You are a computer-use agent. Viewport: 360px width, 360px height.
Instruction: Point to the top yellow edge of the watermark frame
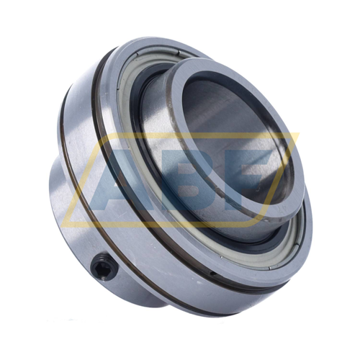[202, 134]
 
